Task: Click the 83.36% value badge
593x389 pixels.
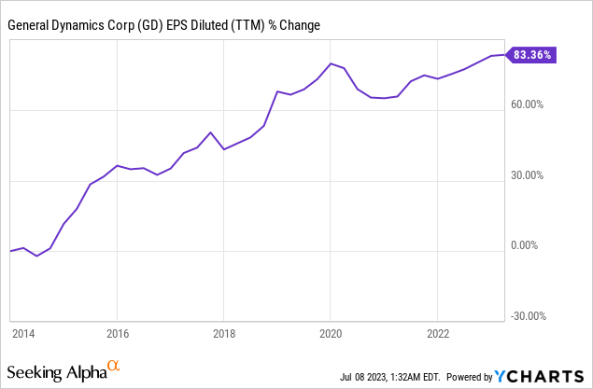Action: tap(533, 55)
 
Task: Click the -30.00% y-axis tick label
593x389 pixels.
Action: tap(529, 316)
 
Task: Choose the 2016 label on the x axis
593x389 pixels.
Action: tap(118, 332)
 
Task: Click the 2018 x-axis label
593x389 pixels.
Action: tap(224, 332)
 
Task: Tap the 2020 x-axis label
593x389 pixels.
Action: tap(331, 332)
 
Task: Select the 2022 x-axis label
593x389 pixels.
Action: tap(437, 332)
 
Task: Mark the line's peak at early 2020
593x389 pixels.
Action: tap(331, 63)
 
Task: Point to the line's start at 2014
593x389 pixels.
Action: tap(10, 251)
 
